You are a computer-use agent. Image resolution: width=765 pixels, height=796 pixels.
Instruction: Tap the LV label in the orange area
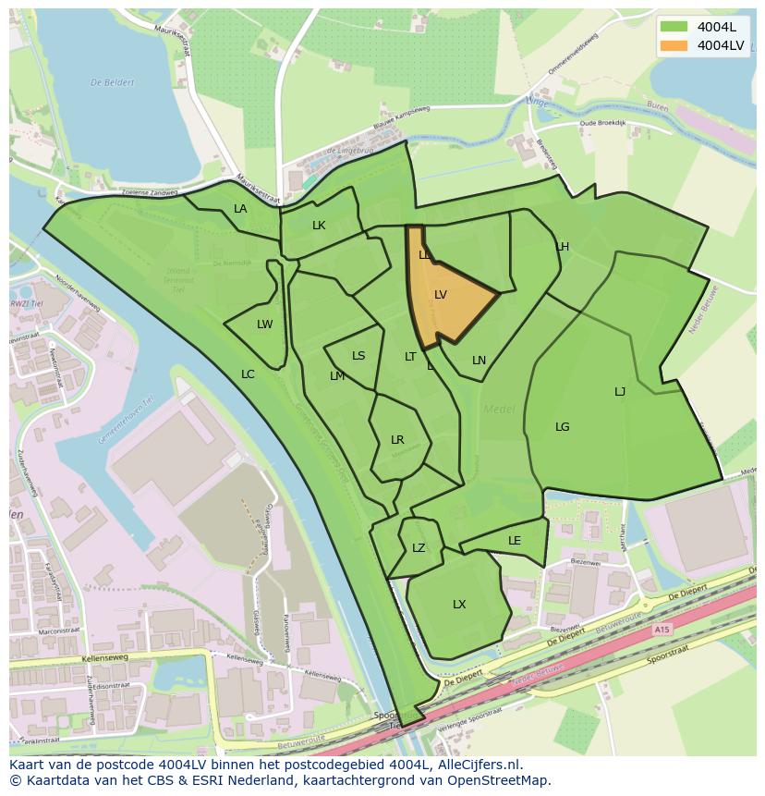click(441, 295)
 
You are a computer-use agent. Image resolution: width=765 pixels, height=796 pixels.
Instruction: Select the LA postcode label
click(240, 209)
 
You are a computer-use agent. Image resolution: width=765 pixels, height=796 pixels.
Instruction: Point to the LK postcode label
click(319, 226)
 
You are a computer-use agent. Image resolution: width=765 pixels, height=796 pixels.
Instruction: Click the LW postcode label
click(265, 325)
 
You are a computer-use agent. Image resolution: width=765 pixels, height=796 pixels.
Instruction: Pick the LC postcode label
click(248, 374)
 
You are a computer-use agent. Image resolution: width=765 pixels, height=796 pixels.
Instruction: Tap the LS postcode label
click(358, 356)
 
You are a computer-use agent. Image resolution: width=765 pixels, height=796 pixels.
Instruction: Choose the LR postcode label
click(397, 440)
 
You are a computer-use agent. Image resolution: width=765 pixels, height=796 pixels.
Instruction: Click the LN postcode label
click(479, 361)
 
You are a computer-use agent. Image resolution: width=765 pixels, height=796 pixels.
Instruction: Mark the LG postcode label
click(563, 427)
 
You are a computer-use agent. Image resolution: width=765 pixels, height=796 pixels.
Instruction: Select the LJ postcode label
click(620, 392)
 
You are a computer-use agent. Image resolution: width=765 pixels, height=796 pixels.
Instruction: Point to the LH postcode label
click(563, 247)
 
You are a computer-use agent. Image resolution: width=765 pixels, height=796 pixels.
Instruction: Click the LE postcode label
click(515, 541)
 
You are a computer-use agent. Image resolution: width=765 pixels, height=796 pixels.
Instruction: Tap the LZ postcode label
click(419, 548)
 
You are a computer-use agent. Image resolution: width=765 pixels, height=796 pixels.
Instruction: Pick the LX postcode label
click(459, 605)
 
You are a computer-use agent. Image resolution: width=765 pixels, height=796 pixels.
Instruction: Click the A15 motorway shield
click(662, 630)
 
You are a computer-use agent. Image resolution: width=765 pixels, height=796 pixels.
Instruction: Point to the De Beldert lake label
click(113, 82)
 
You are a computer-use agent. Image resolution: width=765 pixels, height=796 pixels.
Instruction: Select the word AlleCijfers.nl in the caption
click(480, 765)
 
